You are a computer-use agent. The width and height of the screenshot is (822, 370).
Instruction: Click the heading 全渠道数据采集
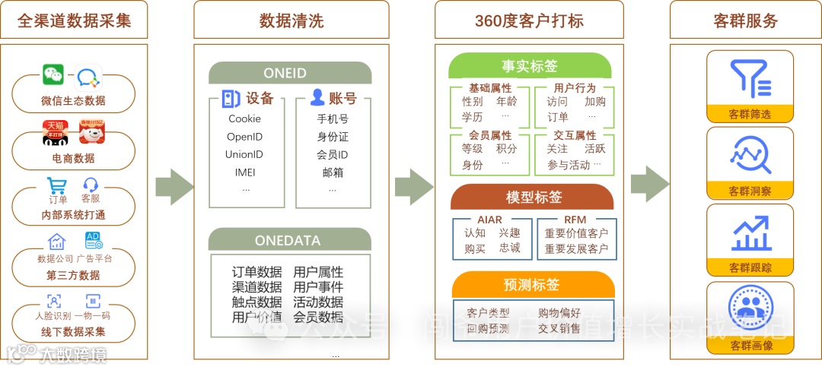point(74,20)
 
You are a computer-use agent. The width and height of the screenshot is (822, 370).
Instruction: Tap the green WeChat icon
point(53,74)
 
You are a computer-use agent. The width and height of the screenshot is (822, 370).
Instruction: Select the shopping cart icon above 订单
point(57,186)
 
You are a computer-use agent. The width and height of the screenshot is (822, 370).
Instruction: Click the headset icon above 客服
point(91,185)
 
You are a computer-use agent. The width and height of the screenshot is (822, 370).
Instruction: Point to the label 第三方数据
point(73,275)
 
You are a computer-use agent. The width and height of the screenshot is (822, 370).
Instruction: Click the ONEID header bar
point(290,73)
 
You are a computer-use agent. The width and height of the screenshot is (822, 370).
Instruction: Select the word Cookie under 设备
point(244,119)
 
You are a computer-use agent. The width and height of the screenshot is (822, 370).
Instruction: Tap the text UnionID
point(244,154)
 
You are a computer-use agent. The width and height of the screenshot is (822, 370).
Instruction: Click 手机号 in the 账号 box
point(333,119)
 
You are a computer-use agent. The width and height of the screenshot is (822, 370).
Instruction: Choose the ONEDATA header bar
point(290,240)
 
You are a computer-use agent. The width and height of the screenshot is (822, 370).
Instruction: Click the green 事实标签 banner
point(530,66)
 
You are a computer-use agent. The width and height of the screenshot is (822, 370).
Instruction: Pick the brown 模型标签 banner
point(532,197)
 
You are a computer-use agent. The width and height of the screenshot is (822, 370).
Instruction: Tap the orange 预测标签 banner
point(532,285)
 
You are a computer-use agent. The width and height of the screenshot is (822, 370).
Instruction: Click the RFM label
point(575,220)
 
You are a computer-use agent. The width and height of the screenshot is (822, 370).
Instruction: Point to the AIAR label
point(489,220)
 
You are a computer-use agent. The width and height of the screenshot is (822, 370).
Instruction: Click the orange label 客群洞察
point(750,191)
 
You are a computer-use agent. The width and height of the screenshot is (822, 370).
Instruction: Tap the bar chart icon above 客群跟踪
point(750,233)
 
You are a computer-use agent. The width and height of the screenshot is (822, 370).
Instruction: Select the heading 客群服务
point(746,21)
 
